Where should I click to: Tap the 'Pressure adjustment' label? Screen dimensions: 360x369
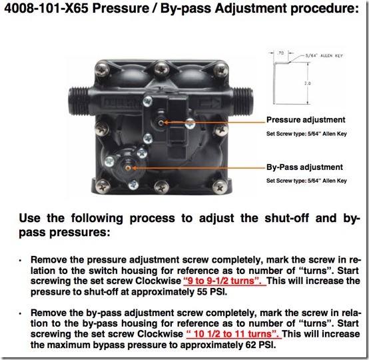tap(306, 120)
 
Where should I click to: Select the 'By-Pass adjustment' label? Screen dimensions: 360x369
tap(304, 167)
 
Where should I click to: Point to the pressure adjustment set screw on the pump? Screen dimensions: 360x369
tap(161, 123)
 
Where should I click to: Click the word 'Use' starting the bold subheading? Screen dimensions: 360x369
tap(33, 218)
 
